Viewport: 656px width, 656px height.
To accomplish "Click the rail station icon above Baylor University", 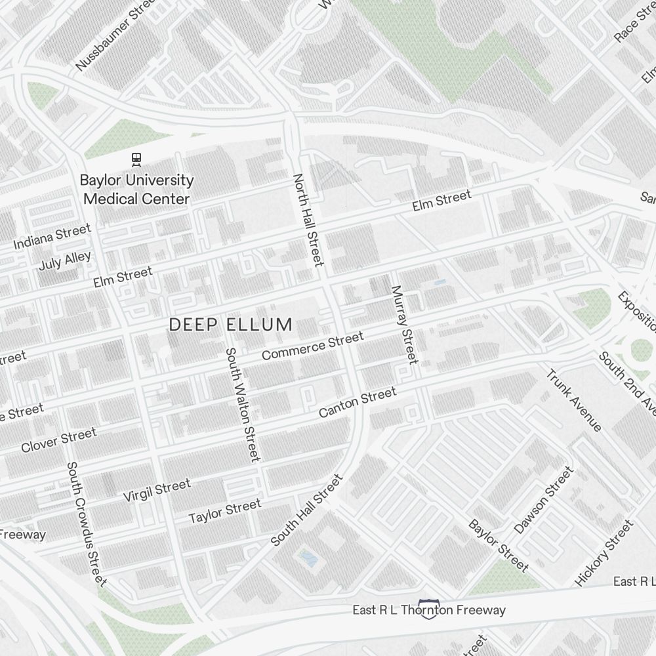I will (x=136, y=158).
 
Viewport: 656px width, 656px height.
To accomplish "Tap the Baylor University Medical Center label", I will (x=136, y=189).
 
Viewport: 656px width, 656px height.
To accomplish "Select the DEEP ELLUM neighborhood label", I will (x=230, y=324).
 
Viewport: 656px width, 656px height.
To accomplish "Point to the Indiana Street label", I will (x=52, y=237).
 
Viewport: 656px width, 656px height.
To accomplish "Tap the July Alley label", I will (x=65, y=261).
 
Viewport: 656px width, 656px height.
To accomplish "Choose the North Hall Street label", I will (x=308, y=220).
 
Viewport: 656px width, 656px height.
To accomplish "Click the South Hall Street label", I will (x=307, y=510).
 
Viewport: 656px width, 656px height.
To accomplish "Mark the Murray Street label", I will (x=404, y=324).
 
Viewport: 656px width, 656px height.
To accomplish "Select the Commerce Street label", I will (x=312, y=346).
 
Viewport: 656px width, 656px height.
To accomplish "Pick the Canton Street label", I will (x=358, y=402).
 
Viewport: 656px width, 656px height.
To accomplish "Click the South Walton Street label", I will (x=243, y=404).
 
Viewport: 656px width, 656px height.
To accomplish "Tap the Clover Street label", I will (x=58, y=440).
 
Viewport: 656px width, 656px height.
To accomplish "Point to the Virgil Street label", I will (x=157, y=490).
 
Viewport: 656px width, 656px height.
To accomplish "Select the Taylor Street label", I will (x=225, y=511).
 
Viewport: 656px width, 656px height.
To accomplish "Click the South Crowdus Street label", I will (x=87, y=523).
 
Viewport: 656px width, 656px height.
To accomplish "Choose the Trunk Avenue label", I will (x=574, y=401).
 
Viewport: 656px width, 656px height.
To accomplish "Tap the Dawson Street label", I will (x=543, y=500).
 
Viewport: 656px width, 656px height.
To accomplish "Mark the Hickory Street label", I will (x=605, y=552).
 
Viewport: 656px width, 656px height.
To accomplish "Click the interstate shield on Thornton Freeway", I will (x=429, y=609).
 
